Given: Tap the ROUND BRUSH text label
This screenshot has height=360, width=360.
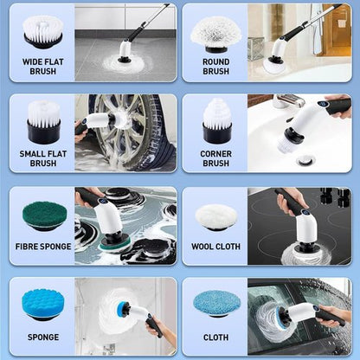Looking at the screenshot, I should point(215,66).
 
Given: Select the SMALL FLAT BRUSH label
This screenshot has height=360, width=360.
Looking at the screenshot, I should point(42,157).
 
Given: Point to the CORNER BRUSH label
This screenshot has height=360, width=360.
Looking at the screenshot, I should point(215,157).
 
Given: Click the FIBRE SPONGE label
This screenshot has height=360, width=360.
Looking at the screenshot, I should point(42,247).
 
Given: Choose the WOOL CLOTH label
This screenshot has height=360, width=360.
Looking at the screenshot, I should point(215,247).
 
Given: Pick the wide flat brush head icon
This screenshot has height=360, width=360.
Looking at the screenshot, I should point(42,31).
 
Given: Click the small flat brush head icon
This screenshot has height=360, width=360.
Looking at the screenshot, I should point(42,122).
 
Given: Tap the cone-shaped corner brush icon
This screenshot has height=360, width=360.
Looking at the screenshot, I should point(215,122).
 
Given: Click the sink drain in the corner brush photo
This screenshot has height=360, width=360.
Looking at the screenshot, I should point(305,160).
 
